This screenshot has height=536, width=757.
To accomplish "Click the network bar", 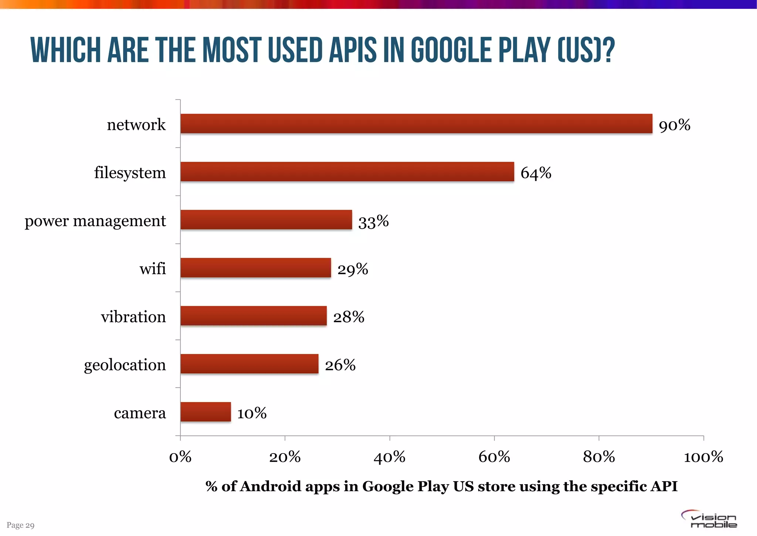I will coord(416,124).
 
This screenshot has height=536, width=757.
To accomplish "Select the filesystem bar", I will coord(347,172).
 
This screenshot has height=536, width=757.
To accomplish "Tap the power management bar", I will coord(266,220).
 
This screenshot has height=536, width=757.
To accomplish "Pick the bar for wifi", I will coord(255,268).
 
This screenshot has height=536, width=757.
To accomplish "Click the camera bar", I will coord(206,412).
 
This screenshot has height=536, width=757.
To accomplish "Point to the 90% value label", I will coord(675,125).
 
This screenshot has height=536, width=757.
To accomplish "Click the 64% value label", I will coord(536,173).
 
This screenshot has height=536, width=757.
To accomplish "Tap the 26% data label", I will coord(340,365).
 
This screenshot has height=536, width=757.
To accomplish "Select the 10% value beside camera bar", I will coord(252,413).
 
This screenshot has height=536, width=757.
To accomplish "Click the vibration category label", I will coord(133,317).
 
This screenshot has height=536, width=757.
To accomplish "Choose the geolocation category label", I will coord(125,365).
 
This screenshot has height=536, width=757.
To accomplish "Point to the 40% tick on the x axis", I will coord(389,458).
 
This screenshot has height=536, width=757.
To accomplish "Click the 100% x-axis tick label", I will coord(703,458).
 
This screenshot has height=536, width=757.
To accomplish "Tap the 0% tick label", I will coord(180,458).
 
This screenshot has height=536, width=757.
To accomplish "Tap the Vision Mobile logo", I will coord(710,519).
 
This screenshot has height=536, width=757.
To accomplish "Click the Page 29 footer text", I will coord(21,525).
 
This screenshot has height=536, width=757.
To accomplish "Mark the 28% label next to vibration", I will coord(349,317).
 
